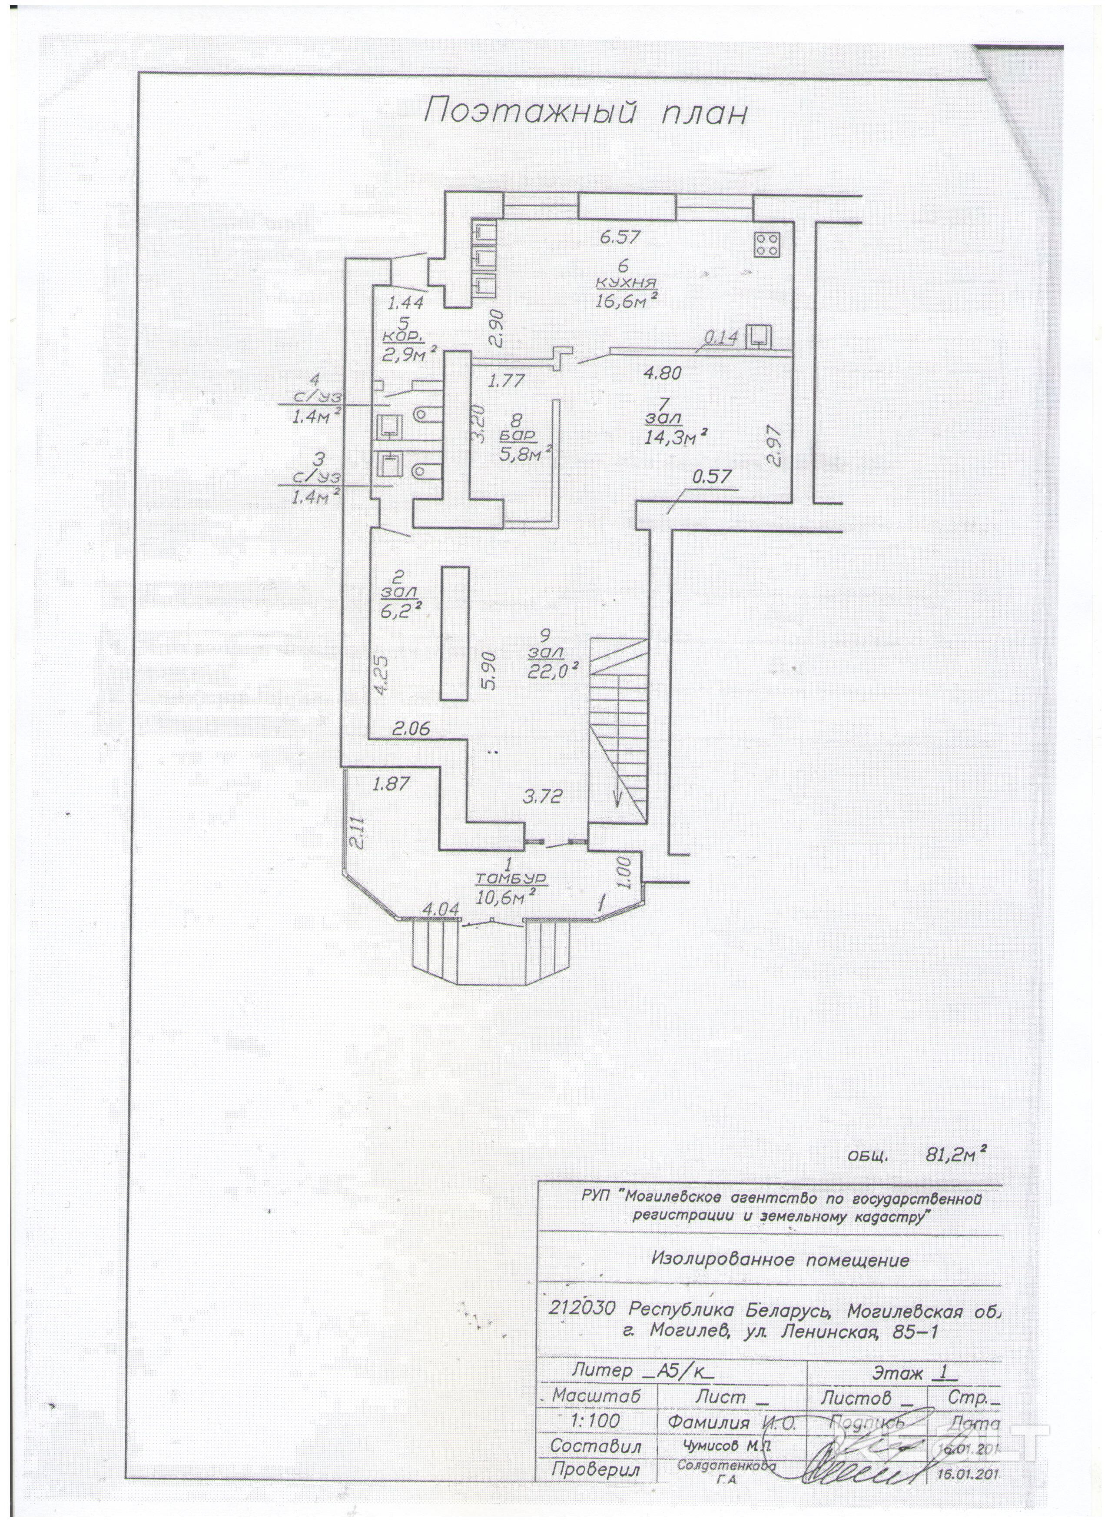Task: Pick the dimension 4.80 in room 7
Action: (662, 373)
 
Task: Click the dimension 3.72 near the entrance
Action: (542, 796)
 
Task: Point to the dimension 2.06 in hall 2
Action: (411, 729)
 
